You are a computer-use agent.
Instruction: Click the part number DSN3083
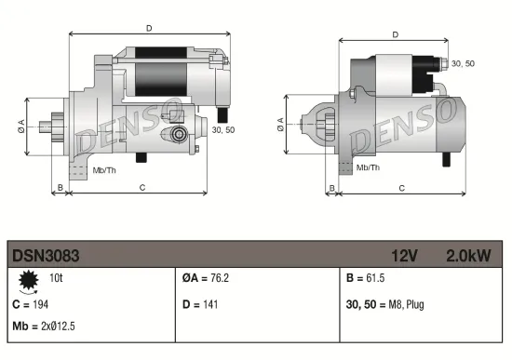[44, 253]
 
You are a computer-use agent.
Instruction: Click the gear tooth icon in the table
[27, 279]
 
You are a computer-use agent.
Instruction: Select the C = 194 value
[30, 303]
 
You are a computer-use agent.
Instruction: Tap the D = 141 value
[199, 303]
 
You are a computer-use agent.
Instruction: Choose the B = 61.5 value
[366, 278]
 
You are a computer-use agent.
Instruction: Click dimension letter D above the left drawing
[149, 28]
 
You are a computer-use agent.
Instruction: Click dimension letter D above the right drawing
[396, 34]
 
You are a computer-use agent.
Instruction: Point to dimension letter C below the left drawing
[141, 188]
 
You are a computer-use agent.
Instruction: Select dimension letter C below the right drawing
[401, 188]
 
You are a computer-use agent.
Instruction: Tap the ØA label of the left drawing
[21, 127]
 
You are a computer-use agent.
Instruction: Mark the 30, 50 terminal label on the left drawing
[222, 130]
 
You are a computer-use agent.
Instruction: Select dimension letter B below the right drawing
[332, 188]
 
